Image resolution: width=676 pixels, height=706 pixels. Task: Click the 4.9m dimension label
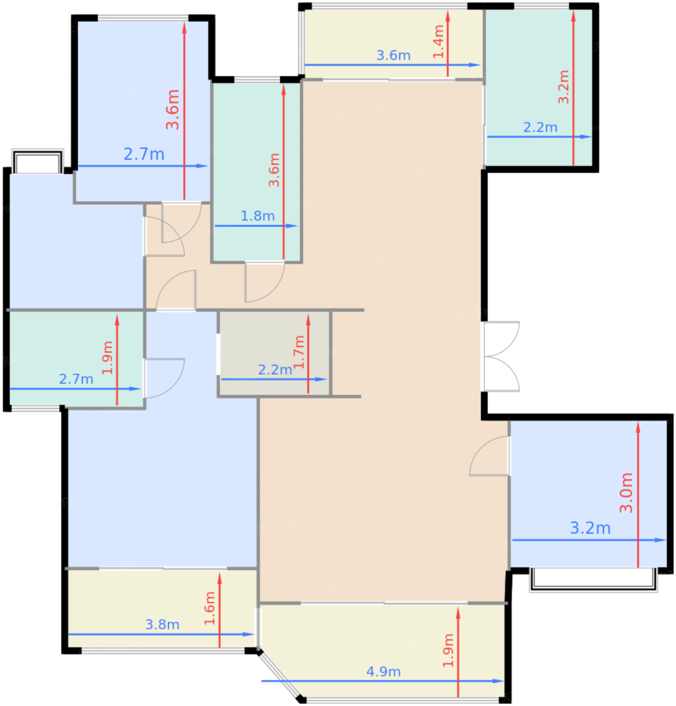pos(383,672)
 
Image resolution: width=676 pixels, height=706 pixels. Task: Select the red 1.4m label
pos(438,41)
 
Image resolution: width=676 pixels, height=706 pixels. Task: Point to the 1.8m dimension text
pos(258,216)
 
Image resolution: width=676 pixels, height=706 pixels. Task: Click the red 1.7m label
pos(299,352)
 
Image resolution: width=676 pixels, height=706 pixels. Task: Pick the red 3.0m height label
pos(626,493)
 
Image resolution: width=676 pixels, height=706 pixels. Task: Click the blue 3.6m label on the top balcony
pos(393,55)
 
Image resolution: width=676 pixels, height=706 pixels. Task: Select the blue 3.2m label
pos(590,528)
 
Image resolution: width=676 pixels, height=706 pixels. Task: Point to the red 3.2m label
pos(564,87)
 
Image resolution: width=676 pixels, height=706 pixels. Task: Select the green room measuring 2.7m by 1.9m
pos(76,359)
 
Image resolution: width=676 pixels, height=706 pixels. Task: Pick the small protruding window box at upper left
pos(37,161)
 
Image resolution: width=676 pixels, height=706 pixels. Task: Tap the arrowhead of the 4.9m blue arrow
pos(498,681)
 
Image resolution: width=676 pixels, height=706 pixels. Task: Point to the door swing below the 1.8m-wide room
pos(264,282)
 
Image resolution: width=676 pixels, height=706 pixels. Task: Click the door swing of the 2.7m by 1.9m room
pos(164,378)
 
